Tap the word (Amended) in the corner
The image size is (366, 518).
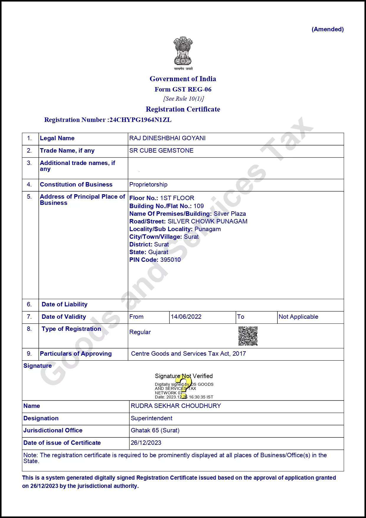coord(328,29)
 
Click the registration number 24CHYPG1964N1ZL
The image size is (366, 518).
coord(140,120)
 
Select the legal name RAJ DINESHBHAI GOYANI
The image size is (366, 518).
coord(167,138)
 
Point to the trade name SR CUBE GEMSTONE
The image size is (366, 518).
coord(161,151)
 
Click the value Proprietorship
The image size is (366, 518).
coord(148,184)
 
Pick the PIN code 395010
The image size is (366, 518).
coord(170,260)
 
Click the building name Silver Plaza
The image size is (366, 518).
coord(230,214)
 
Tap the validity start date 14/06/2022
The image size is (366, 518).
coord(186,317)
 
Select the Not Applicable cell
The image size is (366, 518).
coord(298,317)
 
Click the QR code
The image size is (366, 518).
coord(248,336)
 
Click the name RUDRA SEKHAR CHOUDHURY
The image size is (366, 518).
coord(176,406)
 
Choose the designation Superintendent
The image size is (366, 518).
coord(151,418)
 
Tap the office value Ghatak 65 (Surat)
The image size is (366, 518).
coord(155,430)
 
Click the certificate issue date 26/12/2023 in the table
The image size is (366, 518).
coord(146,443)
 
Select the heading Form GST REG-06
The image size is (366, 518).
coord(183,89)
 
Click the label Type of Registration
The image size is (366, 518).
coord(71,329)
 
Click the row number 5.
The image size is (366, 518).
coord(29,197)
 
